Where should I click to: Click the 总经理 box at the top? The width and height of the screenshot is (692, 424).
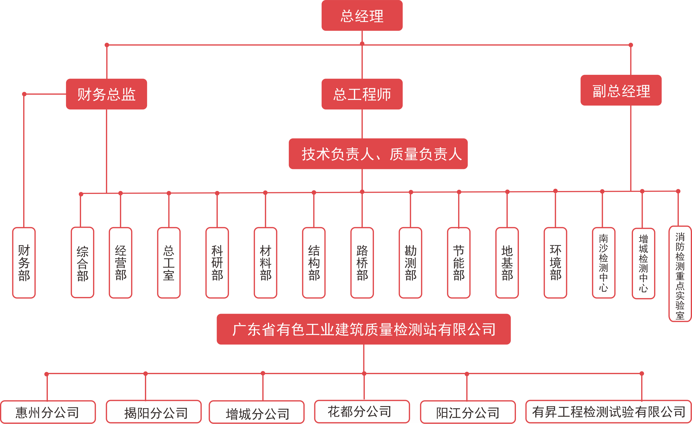(362, 16)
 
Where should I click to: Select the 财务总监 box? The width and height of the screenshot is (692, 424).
(106, 94)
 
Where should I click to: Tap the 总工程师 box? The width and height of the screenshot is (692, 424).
(362, 94)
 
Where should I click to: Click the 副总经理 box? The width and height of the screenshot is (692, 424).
(621, 90)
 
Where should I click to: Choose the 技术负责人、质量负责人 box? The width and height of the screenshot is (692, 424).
(378, 154)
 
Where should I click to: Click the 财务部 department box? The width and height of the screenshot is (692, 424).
(24, 263)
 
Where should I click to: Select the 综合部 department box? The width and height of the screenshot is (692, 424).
(82, 263)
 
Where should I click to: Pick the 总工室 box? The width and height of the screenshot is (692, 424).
(169, 263)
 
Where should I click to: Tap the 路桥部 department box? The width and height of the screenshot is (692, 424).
(362, 263)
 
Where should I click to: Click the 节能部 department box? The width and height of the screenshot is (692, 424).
(459, 263)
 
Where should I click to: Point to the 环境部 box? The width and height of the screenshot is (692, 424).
(555, 263)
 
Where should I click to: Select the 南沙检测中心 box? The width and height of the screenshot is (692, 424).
(603, 263)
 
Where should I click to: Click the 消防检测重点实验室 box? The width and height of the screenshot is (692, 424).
(680, 273)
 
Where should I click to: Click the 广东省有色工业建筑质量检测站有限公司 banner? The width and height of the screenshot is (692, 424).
(364, 329)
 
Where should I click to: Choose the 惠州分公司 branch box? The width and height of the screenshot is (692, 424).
(48, 412)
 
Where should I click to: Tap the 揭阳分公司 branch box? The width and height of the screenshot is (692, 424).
(154, 412)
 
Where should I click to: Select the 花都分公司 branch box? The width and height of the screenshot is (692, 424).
(362, 411)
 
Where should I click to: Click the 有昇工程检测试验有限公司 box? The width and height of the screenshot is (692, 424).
(608, 412)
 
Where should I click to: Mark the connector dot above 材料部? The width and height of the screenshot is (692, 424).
(265, 193)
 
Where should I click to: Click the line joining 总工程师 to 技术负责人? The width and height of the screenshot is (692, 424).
(362, 124)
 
